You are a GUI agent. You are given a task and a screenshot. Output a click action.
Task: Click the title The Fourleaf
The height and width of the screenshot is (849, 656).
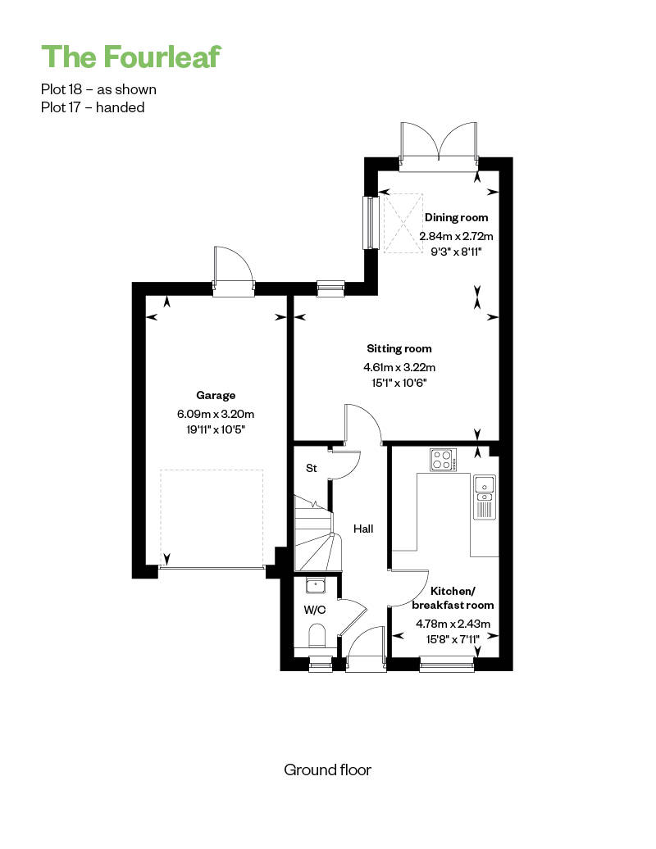pos(131,57)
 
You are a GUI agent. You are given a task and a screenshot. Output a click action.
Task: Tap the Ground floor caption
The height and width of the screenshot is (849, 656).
pos(328,770)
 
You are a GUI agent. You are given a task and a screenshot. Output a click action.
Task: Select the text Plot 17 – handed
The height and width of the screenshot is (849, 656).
pos(93,107)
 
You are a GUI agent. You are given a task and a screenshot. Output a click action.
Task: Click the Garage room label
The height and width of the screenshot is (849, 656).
pos(216,395)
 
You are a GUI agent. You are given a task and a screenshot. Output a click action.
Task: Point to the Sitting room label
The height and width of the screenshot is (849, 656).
pos(399,349)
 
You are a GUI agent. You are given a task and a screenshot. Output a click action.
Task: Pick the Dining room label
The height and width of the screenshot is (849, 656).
pos(456,217)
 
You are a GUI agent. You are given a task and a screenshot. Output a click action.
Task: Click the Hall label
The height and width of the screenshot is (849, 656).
pos(363,529)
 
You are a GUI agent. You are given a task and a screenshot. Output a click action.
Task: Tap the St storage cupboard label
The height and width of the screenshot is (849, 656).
pos(311,468)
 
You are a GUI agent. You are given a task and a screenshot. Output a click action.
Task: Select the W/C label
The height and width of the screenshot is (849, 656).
pos(314,611)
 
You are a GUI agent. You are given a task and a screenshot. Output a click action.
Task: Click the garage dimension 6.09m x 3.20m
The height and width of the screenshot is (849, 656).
pos(216,414)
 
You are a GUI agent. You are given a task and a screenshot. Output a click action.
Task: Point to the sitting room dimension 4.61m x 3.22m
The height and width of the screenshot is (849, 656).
pos(399,367)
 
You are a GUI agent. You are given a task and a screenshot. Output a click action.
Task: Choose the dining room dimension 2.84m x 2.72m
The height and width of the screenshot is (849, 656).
pos(456,236)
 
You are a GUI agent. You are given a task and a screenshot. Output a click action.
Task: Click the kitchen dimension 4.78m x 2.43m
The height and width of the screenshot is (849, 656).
pos(453,624)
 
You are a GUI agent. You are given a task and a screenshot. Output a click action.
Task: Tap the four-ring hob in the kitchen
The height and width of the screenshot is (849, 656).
pos(443,460)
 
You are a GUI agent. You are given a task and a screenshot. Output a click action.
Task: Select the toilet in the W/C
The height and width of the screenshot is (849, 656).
pos(317,636)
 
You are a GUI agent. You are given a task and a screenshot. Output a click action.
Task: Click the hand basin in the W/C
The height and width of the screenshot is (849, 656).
pos(315,585)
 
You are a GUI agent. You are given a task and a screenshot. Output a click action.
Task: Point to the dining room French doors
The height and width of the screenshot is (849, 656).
pos(439,146)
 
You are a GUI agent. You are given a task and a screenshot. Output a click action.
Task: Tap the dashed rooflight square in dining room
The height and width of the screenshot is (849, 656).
pos(403,223)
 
